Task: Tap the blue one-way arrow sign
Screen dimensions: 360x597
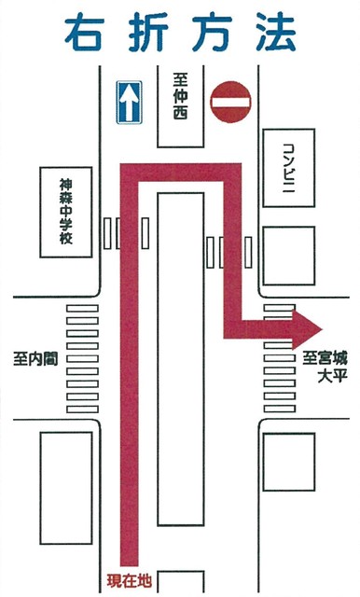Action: (x=128, y=102)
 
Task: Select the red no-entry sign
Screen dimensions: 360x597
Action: (x=231, y=102)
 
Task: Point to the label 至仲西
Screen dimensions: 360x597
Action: (x=180, y=99)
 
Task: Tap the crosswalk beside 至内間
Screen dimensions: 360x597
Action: (x=81, y=359)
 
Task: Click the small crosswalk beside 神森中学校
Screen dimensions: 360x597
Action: (x=113, y=233)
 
